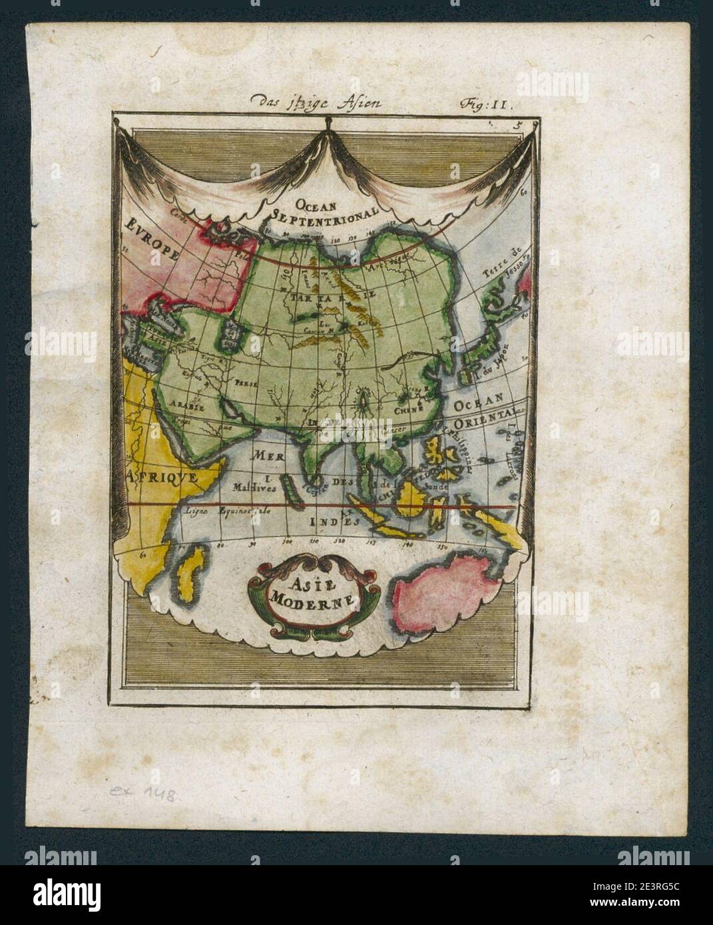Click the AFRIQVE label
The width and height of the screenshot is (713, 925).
pyautogui.click(x=160, y=476)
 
